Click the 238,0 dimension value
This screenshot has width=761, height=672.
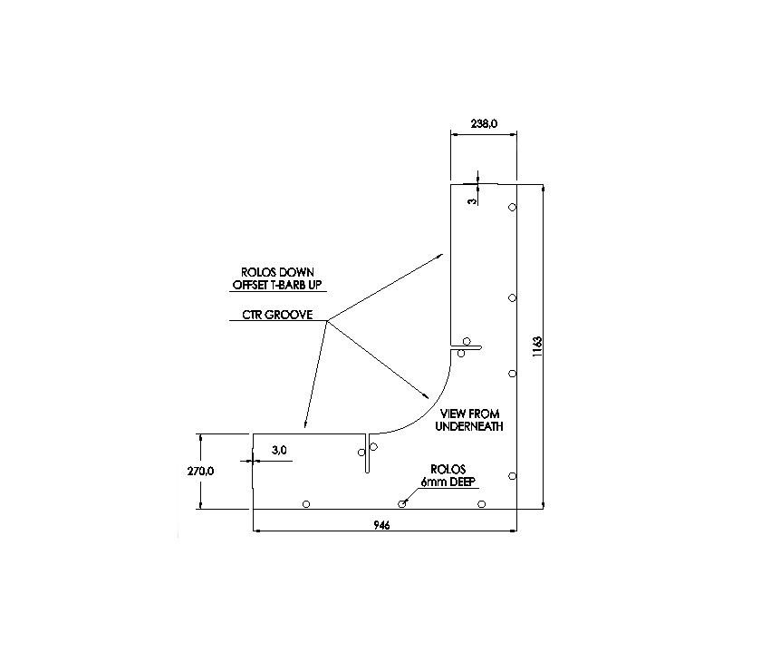coord(484,126)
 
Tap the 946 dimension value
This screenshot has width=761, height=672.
coord(381,526)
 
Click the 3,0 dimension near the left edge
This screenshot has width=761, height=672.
coord(278,449)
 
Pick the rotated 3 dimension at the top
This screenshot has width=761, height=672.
coord(472,200)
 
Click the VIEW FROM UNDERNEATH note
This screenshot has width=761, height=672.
coord(468,420)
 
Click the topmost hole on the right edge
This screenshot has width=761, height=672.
coord(512,208)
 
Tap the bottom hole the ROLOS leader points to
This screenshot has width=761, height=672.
coord(401,504)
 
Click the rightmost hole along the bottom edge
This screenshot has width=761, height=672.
coord(482,504)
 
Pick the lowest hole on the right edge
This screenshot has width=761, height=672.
coord(512,476)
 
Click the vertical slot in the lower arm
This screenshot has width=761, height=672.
coord(367,453)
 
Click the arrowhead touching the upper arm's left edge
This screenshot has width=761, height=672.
coord(439,257)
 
